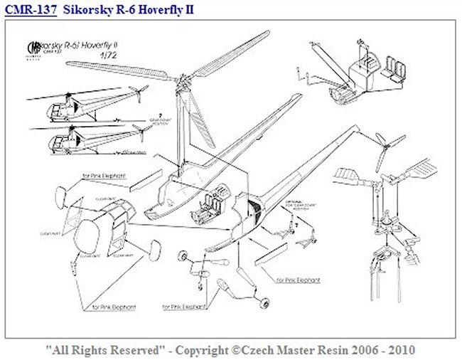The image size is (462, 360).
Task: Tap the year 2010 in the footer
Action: [x=402, y=350]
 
